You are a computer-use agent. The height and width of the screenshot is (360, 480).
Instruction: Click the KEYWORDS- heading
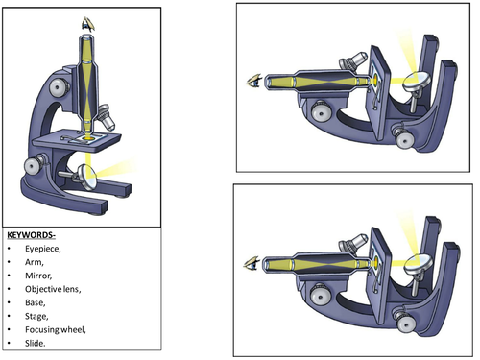[31, 235]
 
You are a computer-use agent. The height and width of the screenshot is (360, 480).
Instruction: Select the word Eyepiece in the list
[42, 249]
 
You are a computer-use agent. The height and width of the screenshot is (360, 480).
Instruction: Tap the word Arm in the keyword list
[34, 262]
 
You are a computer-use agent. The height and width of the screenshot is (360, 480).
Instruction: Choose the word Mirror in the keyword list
[38, 276]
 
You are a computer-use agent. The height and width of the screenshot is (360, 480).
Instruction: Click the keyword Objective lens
[53, 289]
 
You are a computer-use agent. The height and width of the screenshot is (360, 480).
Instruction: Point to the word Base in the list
[35, 302]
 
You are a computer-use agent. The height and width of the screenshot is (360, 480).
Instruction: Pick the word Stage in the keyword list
[36, 316]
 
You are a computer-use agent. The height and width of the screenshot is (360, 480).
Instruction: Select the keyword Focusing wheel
[55, 329]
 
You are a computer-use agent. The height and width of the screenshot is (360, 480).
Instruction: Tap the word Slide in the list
[35, 343]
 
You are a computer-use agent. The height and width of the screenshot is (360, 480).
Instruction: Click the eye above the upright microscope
[88, 24]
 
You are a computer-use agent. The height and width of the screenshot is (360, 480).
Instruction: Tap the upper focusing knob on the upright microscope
[59, 86]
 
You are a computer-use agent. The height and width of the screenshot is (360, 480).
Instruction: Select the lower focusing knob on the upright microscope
[34, 165]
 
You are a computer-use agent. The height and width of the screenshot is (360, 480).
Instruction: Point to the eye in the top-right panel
[254, 81]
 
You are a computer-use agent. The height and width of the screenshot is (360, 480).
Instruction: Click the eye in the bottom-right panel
[252, 264]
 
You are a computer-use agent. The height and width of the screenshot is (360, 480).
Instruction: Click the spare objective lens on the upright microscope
[107, 118]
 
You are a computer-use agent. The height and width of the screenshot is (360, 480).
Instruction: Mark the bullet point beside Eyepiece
[10, 249]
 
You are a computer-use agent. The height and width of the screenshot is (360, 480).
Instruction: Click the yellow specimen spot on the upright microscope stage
[89, 138]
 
